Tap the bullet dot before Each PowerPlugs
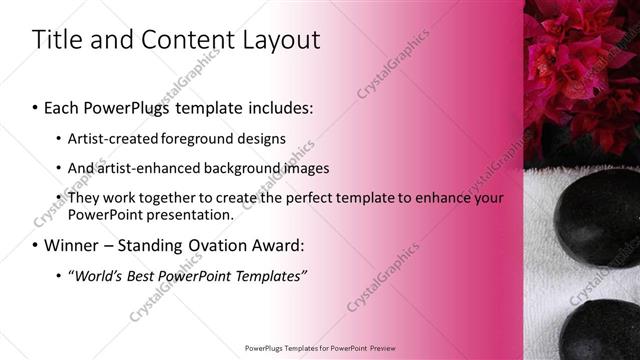point(35,107)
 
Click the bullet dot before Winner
point(35,246)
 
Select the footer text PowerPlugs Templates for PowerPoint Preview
point(319,348)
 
